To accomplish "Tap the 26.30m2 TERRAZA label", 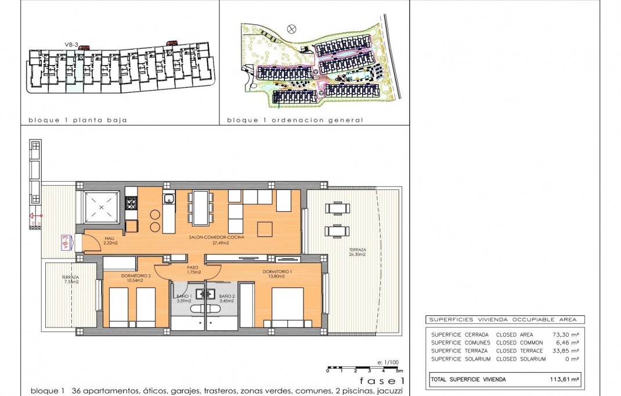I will pos(357,252).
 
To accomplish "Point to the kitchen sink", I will pos(169,200).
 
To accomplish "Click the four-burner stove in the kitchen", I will pos(132,203).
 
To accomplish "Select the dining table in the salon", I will pos(200,207).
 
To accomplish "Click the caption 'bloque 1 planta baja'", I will pos(78,120).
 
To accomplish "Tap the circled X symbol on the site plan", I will pos(292,28).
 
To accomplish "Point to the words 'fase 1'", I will pos(381,381).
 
